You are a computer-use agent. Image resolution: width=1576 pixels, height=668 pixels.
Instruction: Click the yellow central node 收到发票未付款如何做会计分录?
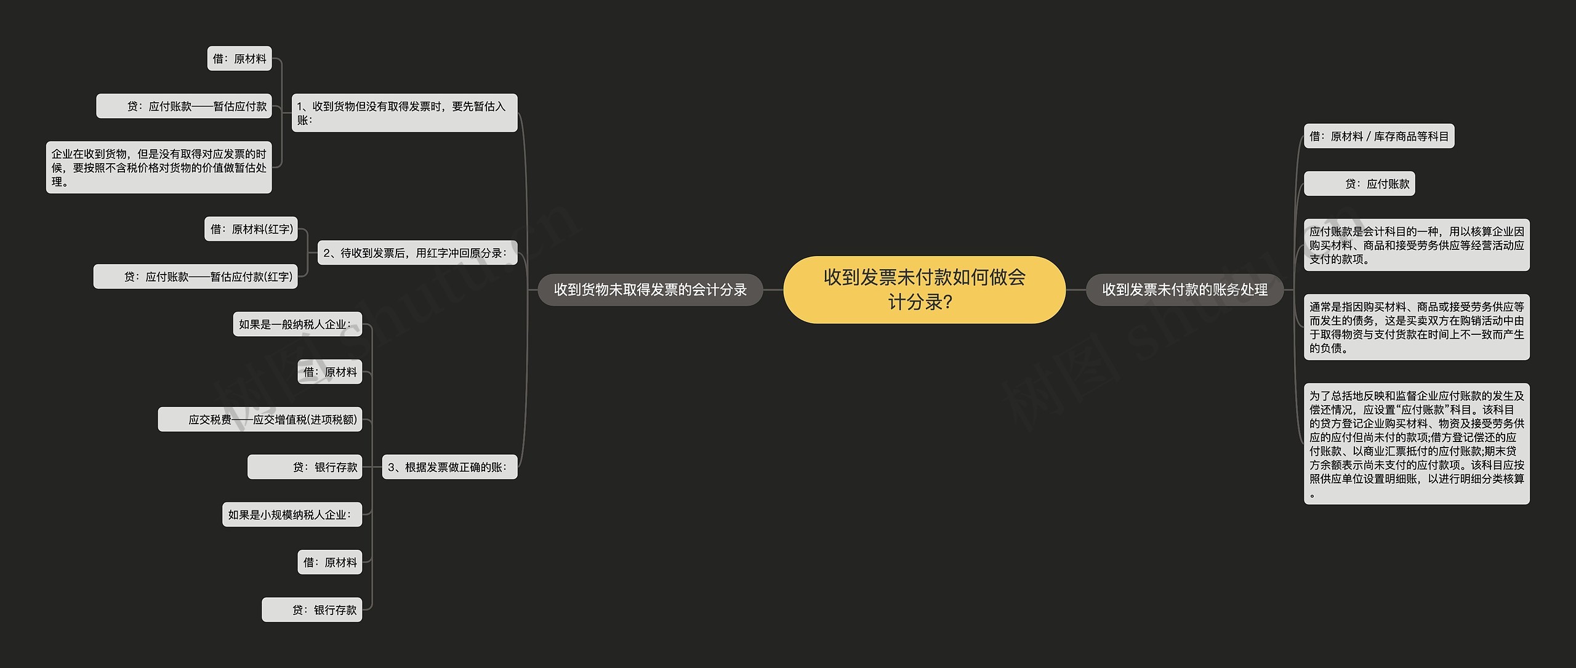click(924, 289)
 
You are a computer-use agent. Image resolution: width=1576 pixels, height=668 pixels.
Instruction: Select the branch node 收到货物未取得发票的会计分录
click(650, 289)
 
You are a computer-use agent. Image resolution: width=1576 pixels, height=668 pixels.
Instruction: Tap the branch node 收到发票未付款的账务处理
click(1184, 289)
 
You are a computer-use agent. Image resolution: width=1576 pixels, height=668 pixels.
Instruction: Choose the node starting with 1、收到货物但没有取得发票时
click(404, 113)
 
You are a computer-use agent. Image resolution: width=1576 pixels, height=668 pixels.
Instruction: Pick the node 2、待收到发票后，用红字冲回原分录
click(417, 252)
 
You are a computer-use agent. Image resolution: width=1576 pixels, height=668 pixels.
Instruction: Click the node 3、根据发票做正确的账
click(449, 467)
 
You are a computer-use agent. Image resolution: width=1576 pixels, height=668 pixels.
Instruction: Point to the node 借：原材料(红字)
click(251, 229)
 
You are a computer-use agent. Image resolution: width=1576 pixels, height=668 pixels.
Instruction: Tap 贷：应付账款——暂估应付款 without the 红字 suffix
click(184, 106)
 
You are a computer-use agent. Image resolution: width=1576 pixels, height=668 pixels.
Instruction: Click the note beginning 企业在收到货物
click(159, 167)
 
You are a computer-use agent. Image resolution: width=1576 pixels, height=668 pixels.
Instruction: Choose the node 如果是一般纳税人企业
click(297, 324)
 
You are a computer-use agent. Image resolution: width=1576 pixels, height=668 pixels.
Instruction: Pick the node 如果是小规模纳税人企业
click(292, 515)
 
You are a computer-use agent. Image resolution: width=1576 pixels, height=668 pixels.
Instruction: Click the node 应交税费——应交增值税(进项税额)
click(260, 419)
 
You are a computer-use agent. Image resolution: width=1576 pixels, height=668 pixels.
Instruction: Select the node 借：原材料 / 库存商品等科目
click(1379, 136)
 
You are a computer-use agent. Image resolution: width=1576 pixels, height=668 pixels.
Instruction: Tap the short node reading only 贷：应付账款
click(1359, 183)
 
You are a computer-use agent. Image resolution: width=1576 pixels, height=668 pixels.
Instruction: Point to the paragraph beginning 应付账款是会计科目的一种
click(1417, 245)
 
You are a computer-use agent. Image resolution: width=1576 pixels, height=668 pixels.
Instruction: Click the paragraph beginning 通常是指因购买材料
click(1417, 327)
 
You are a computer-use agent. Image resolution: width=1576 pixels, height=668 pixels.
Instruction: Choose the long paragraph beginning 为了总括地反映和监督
click(1417, 444)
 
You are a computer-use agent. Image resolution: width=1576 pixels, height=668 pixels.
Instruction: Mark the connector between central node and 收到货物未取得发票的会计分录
click(773, 289)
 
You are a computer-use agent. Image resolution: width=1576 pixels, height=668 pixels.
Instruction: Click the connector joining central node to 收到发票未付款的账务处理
click(1075, 289)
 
